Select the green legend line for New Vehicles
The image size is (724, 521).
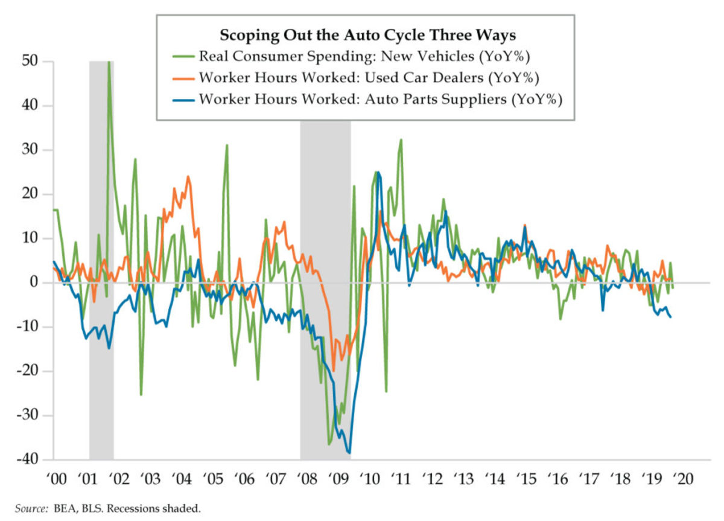point(180,57)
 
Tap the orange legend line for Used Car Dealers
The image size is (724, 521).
point(180,78)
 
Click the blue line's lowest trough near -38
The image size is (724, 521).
point(349,452)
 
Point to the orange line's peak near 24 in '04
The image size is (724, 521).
point(188,177)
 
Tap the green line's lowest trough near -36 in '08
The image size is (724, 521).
point(329,444)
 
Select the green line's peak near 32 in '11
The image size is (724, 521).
point(401,139)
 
